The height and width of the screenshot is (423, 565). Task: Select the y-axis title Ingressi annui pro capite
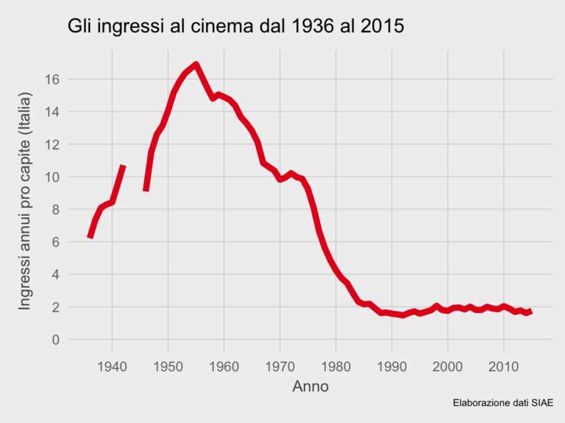point(25,200)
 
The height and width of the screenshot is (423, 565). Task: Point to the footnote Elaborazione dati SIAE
point(502,402)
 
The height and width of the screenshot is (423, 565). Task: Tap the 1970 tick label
point(280,365)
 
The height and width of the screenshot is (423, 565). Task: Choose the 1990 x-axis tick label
point(391,365)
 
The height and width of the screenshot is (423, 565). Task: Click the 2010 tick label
point(503,365)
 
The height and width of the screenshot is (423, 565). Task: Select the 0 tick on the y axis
point(56,339)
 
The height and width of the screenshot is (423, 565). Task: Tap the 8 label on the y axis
point(56,209)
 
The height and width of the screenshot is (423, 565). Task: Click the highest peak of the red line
point(196,65)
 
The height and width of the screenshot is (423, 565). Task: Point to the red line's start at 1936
point(90,236)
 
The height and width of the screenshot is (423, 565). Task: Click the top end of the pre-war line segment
point(124,167)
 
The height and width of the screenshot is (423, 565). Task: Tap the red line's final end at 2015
point(530,311)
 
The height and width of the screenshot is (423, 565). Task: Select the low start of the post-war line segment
point(146,189)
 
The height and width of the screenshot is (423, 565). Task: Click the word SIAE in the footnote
point(541,402)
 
